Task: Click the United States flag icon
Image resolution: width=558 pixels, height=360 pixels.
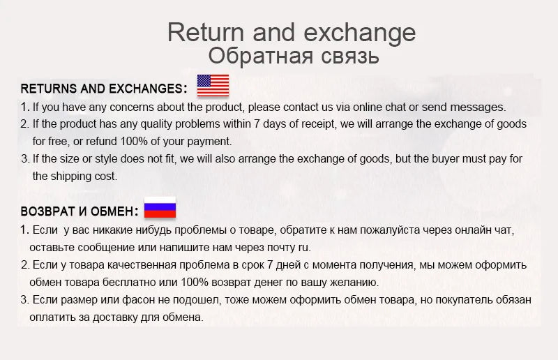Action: pos(213,86)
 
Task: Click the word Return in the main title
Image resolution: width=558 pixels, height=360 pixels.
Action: pos(206,32)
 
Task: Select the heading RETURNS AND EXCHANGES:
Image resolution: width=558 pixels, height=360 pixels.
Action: pos(104,89)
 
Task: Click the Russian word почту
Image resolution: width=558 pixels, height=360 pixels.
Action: pos(277,247)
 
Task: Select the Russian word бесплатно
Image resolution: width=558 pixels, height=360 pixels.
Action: pos(132,283)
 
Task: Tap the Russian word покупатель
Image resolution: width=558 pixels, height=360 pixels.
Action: pos(460,300)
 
